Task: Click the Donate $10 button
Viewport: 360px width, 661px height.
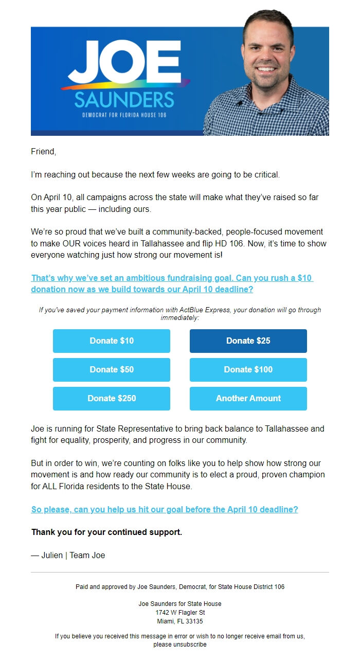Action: pyautogui.click(x=112, y=341)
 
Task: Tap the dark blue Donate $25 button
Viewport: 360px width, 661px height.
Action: pyautogui.click(x=248, y=341)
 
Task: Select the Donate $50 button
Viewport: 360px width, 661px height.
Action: pyautogui.click(x=112, y=369)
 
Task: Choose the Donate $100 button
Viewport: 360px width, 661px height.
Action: pyautogui.click(x=248, y=369)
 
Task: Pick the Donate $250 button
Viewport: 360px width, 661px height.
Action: pyautogui.click(x=112, y=398)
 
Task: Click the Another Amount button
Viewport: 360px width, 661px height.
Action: pyautogui.click(x=248, y=398)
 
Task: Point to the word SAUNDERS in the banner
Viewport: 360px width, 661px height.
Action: pyautogui.click(x=124, y=99)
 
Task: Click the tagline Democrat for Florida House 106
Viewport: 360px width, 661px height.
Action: pyautogui.click(x=124, y=115)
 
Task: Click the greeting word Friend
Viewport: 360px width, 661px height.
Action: pyautogui.click(x=43, y=152)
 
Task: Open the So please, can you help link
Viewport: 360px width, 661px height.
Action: pyautogui.click(x=165, y=510)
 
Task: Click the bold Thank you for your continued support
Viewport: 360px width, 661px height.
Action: pyautogui.click(x=106, y=532)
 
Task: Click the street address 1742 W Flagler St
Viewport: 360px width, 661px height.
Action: pyautogui.click(x=180, y=613)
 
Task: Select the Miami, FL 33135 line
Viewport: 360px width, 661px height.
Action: pyautogui.click(x=180, y=621)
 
